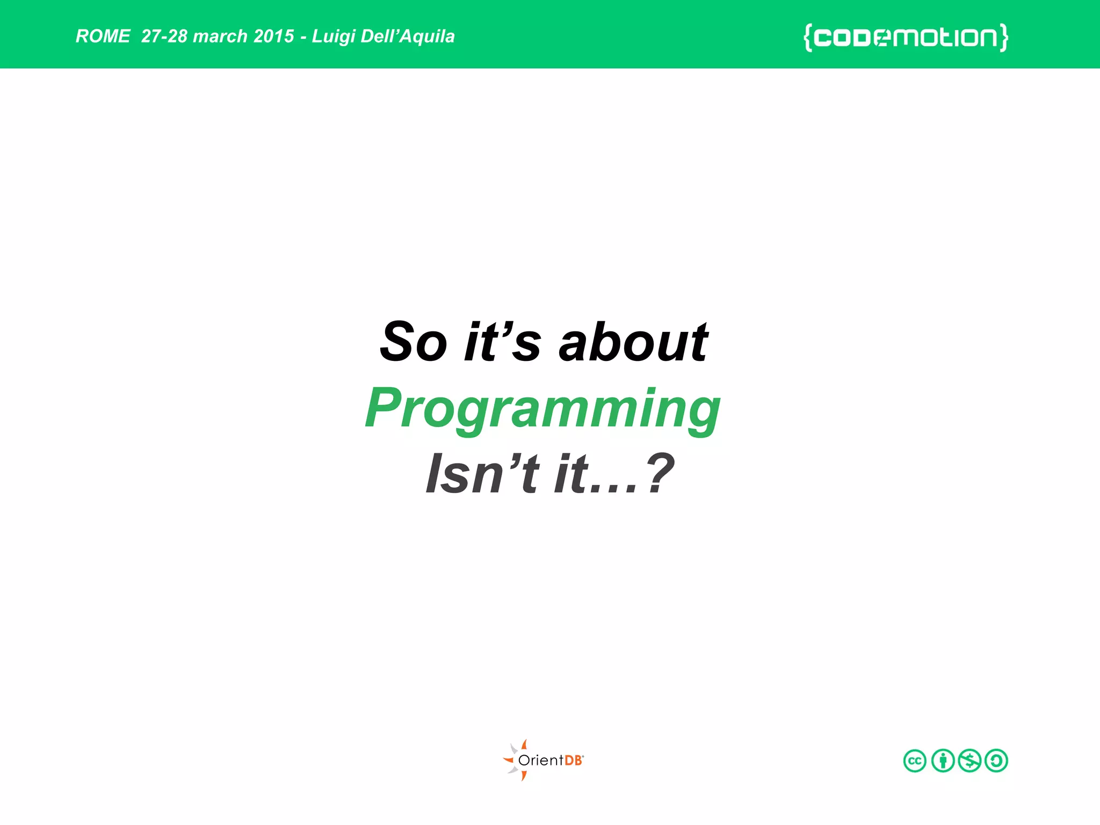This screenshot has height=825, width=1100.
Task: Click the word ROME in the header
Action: pos(103,36)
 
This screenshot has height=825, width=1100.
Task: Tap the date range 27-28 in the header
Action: pos(164,36)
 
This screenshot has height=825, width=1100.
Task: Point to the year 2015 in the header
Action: pos(274,36)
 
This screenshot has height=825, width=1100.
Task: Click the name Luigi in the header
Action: pos(333,37)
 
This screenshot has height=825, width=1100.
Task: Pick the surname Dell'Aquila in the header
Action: pos(408,37)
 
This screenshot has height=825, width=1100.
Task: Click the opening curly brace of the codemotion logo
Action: pos(807,38)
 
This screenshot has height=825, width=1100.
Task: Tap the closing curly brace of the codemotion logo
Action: pos(1003,38)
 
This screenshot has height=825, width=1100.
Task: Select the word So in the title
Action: pos(413,342)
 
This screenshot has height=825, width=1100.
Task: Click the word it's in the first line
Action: pos(502,342)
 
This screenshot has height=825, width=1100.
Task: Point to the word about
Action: pos(633,342)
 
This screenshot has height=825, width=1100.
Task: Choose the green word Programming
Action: pos(542,409)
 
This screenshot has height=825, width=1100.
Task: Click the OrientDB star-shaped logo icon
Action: pos(516,760)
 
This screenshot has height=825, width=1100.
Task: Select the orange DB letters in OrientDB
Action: pos(574,761)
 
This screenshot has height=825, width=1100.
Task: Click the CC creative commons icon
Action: pos(915,761)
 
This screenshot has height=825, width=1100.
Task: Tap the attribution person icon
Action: pos(943,761)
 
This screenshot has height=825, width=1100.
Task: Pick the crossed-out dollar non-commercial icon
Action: pos(969,761)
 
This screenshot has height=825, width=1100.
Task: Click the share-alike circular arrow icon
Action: pos(996,761)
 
